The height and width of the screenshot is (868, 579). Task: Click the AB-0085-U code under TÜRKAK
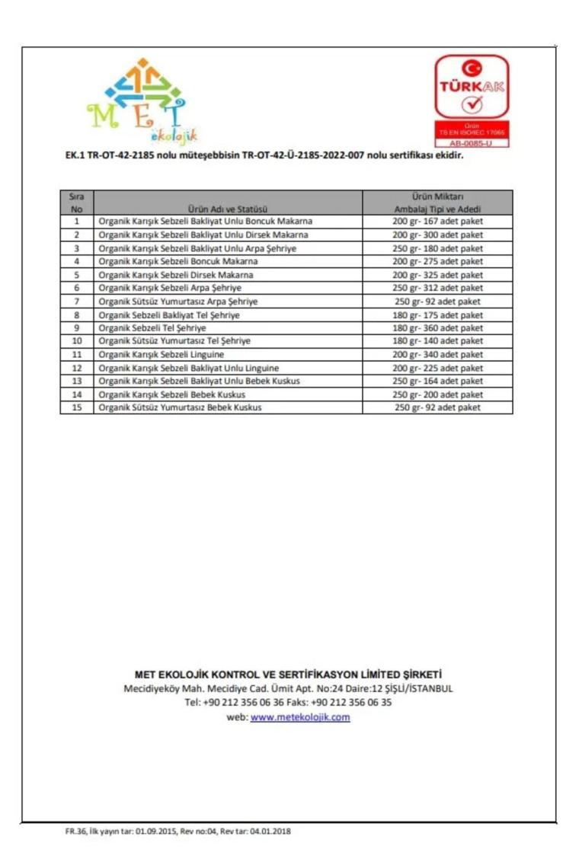pyautogui.click(x=471, y=142)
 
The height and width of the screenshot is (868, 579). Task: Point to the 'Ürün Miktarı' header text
pyautogui.click(x=437, y=196)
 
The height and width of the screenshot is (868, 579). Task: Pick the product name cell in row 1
pyautogui.click(x=205, y=222)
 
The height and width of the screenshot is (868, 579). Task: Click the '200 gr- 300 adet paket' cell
pyautogui.click(x=437, y=235)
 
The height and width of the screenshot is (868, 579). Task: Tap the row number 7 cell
pyautogui.click(x=76, y=302)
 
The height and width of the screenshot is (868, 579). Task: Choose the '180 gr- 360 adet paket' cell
pyautogui.click(x=437, y=328)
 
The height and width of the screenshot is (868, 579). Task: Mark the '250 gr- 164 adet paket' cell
pyautogui.click(x=437, y=381)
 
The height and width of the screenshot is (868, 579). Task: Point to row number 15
pyautogui.click(x=76, y=407)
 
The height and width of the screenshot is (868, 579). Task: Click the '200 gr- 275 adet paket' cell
pyautogui.click(x=437, y=262)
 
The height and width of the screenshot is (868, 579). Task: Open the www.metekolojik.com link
pyautogui.click(x=300, y=717)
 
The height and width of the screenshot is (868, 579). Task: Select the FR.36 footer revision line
pyautogui.click(x=178, y=831)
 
